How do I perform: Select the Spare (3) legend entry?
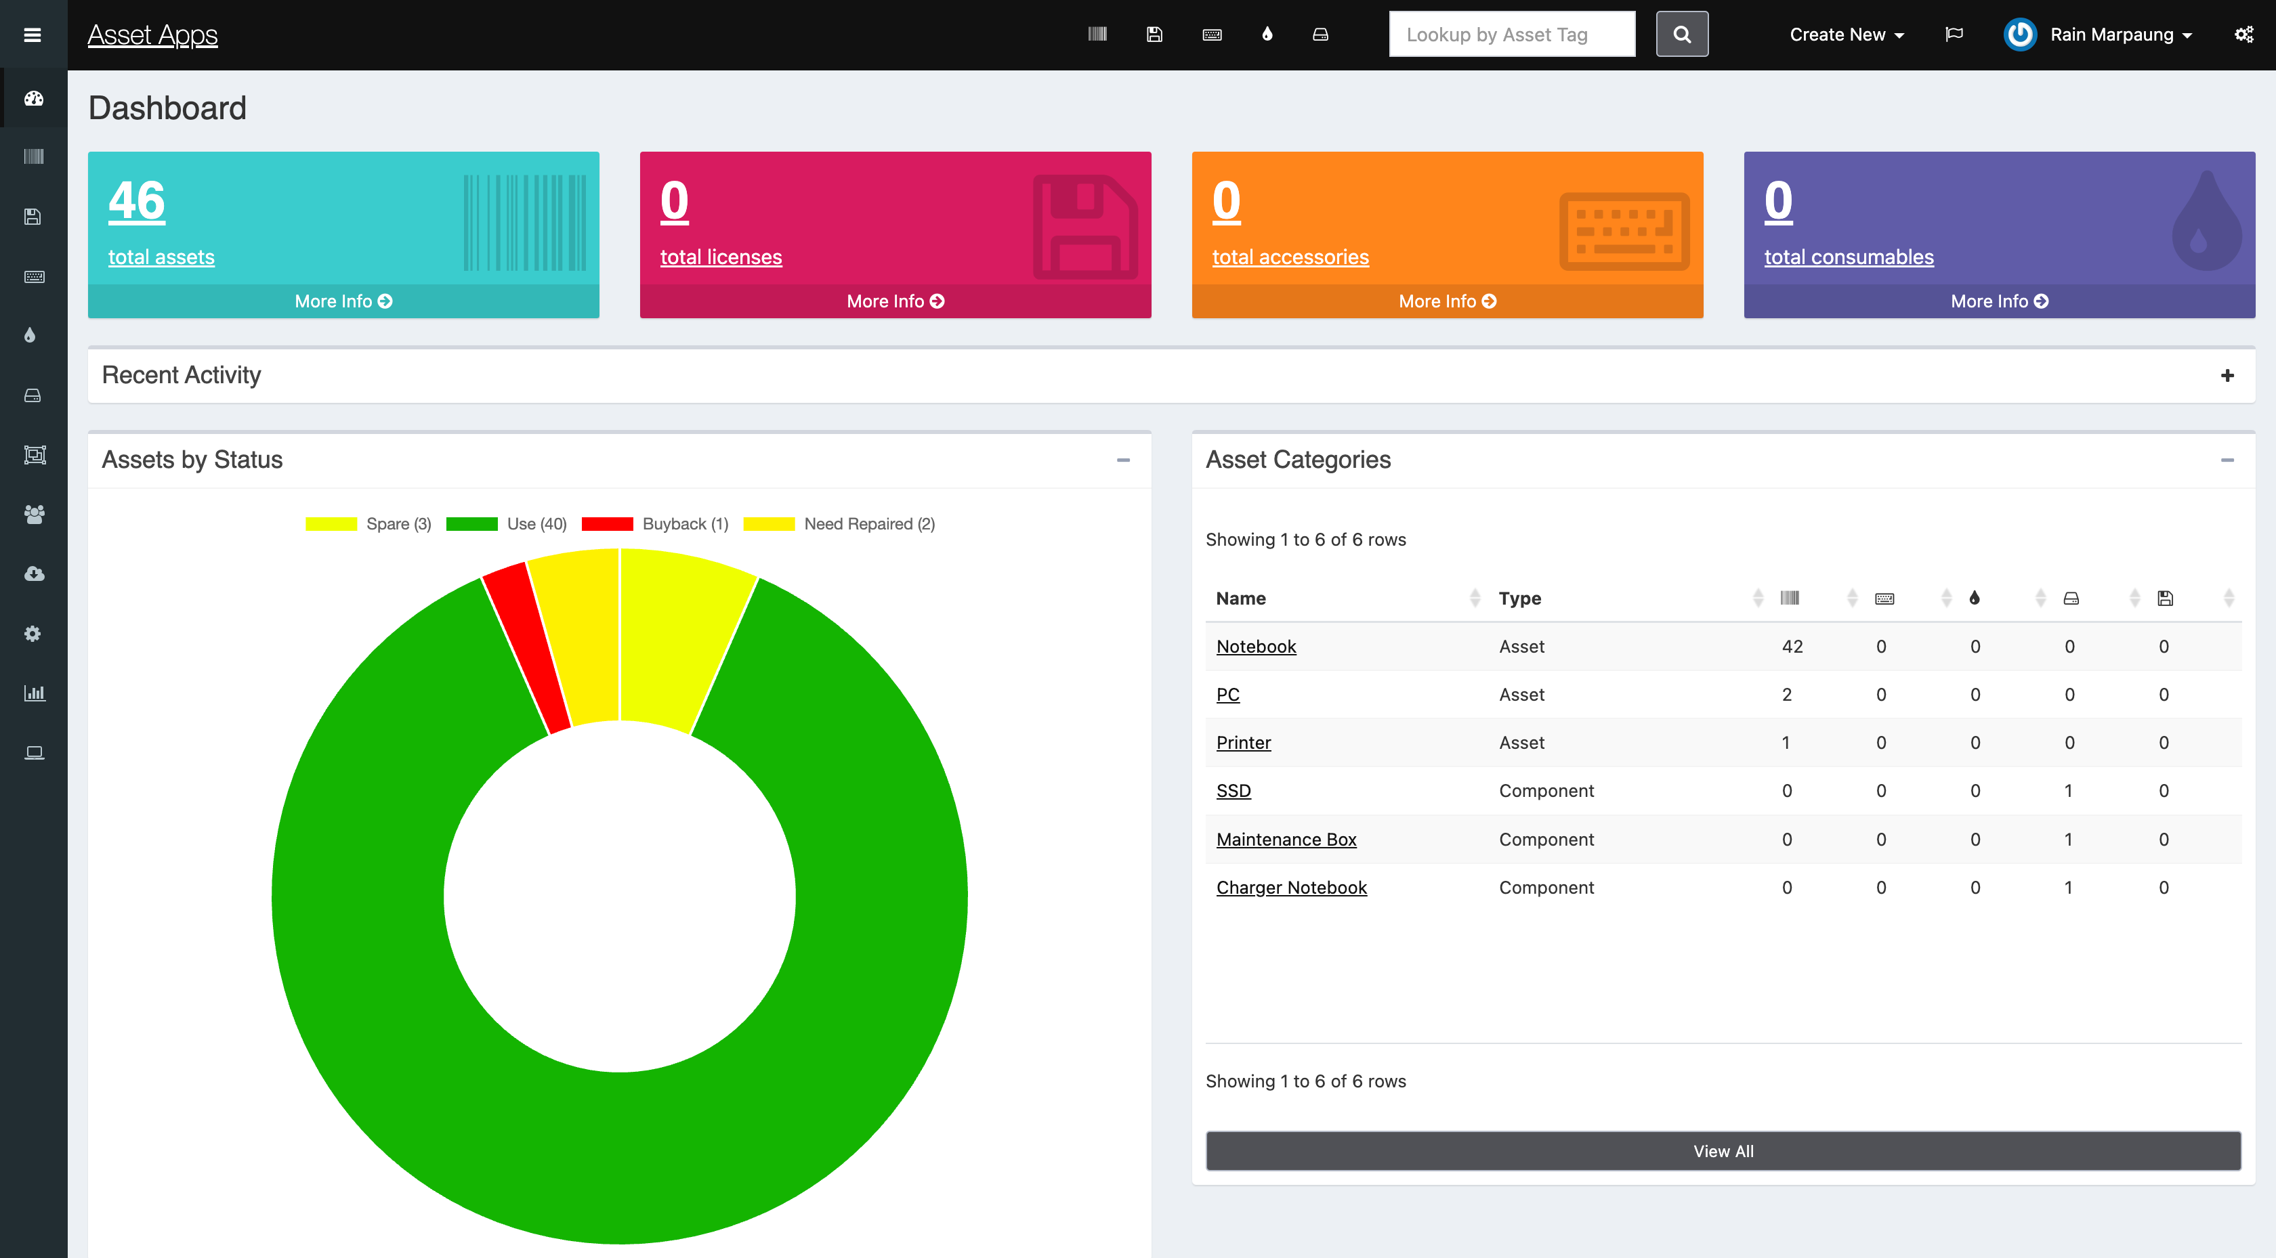pyautogui.click(x=368, y=524)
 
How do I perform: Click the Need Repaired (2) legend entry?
pyautogui.click(x=839, y=524)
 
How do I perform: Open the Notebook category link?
pyautogui.click(x=1255, y=646)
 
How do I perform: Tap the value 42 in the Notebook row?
pyautogui.click(x=1792, y=646)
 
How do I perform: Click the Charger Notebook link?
pyautogui.click(x=1291, y=887)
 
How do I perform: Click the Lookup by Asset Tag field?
pyautogui.click(x=1511, y=35)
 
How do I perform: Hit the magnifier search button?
pyautogui.click(x=1681, y=35)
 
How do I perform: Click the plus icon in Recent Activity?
pyautogui.click(x=2227, y=376)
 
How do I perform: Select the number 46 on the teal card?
pyautogui.click(x=137, y=200)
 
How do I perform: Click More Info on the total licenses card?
pyautogui.click(x=895, y=301)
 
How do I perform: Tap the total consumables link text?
pyautogui.click(x=1849, y=257)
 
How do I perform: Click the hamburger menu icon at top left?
pyautogui.click(x=33, y=35)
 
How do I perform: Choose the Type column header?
pyautogui.click(x=1519, y=598)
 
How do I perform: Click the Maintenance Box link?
pyautogui.click(x=1286, y=840)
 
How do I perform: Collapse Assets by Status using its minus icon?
pyautogui.click(x=1123, y=460)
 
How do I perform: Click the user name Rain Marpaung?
pyautogui.click(x=2111, y=35)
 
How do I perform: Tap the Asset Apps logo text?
pyautogui.click(x=152, y=35)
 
